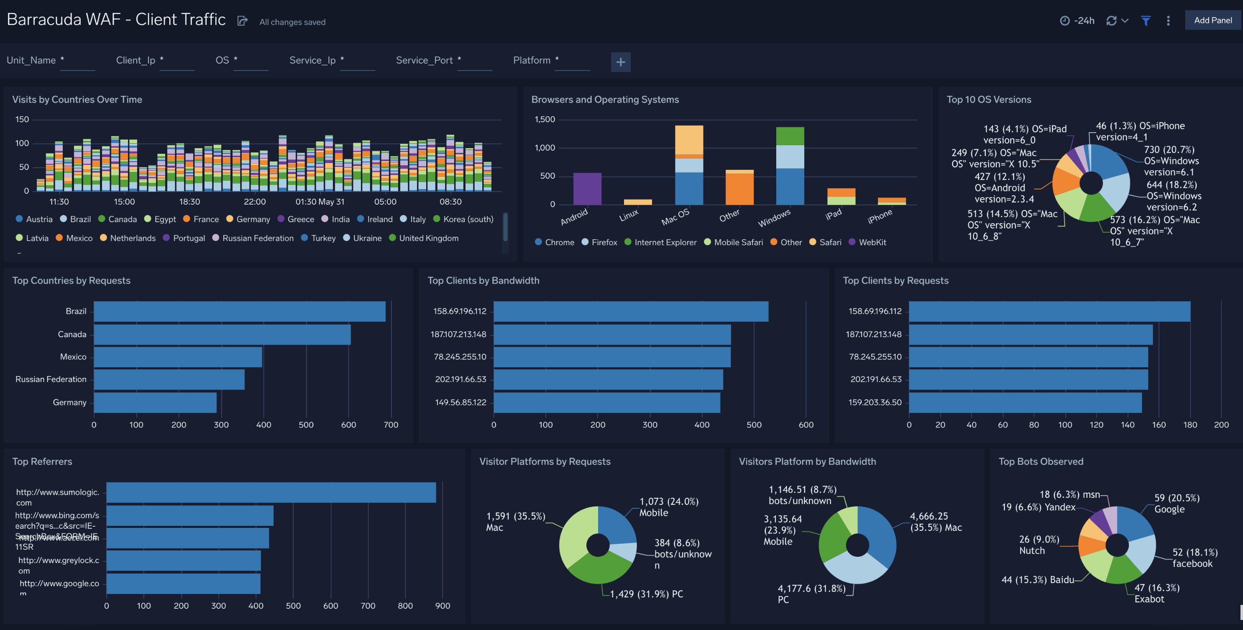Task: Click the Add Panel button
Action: coord(1212,20)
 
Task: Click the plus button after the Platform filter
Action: coord(621,62)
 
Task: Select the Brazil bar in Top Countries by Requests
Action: coord(239,311)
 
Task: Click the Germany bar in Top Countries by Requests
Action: coord(155,402)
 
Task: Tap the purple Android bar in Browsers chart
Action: coord(587,189)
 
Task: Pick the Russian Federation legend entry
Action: coord(257,238)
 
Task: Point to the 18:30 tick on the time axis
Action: coord(189,202)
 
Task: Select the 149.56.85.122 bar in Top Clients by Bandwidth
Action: coord(606,402)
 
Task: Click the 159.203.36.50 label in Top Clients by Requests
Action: coord(875,402)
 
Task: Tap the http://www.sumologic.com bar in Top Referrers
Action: coord(271,492)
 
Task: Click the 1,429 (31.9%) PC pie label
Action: coord(646,594)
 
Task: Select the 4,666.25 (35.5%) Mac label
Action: coord(935,522)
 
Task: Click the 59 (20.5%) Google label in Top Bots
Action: coord(1177,504)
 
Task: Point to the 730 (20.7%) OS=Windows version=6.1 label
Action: coord(1171,161)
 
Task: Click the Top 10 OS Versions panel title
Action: coord(989,100)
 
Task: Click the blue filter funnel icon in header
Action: coord(1146,21)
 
